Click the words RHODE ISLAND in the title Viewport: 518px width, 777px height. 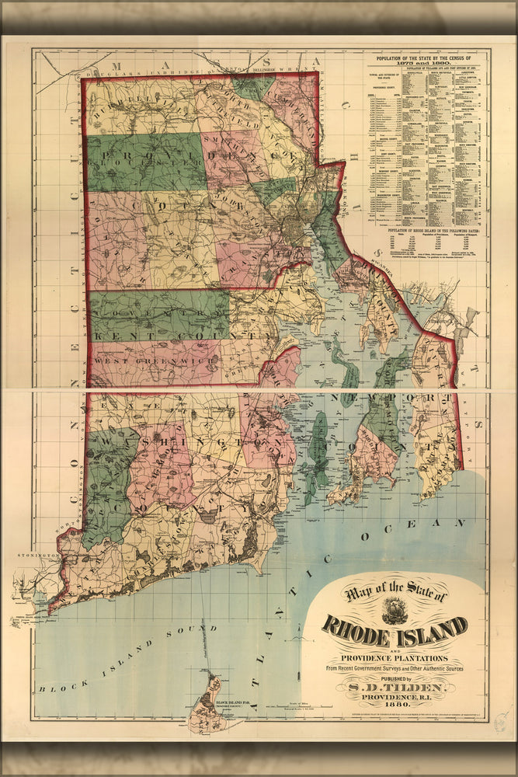click(395, 626)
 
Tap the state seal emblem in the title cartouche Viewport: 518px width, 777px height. click(395, 610)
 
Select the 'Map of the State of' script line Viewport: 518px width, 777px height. click(396, 594)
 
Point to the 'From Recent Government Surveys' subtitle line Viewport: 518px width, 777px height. click(395, 667)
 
